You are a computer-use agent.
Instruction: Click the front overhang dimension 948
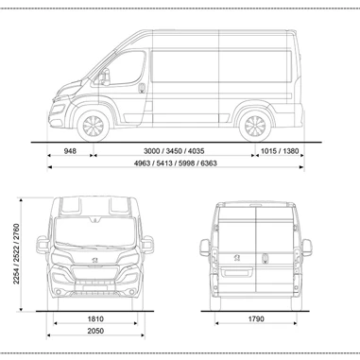70,150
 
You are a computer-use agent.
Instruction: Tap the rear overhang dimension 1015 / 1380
281,150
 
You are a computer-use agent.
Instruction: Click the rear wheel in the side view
253,127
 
